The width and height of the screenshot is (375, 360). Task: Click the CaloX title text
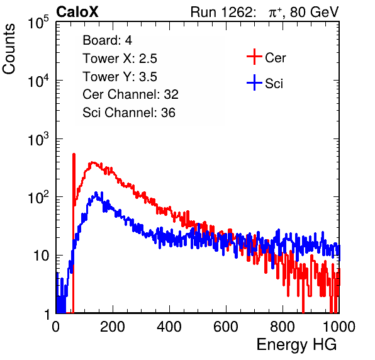(77, 12)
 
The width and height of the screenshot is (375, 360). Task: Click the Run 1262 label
(221, 12)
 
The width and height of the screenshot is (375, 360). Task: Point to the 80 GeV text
(314, 12)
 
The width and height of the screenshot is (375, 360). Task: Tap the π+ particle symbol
(275, 13)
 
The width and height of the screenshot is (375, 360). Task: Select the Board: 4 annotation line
(107, 40)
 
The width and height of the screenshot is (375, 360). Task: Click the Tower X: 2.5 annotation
(120, 59)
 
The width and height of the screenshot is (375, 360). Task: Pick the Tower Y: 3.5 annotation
(120, 77)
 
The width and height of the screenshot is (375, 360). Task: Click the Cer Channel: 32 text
(131, 94)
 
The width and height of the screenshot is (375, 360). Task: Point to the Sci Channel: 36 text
(129, 113)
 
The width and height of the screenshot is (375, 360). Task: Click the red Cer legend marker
(254, 57)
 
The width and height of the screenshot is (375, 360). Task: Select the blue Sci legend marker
(254, 83)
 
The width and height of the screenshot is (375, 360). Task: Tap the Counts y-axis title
(9, 49)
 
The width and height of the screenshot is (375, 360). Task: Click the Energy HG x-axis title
(296, 345)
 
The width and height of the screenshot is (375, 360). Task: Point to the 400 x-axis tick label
(169, 327)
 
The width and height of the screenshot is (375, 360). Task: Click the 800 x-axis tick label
(283, 327)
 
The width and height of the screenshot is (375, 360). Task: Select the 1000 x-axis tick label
(339, 327)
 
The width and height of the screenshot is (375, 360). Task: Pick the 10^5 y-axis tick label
(38, 22)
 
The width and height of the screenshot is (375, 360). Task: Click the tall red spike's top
(74, 154)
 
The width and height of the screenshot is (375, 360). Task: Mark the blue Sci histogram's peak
(96, 193)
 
